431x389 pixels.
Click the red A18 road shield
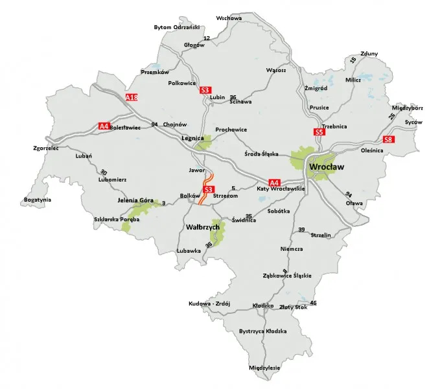point(132,97)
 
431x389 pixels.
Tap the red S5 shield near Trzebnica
point(318,132)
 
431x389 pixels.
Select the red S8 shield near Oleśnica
point(388,139)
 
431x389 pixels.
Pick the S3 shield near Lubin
point(205,90)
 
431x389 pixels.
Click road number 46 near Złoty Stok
point(314,303)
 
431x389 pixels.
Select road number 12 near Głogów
point(207,39)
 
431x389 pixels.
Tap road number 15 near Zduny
point(353,60)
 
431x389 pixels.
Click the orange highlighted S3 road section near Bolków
point(206,188)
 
